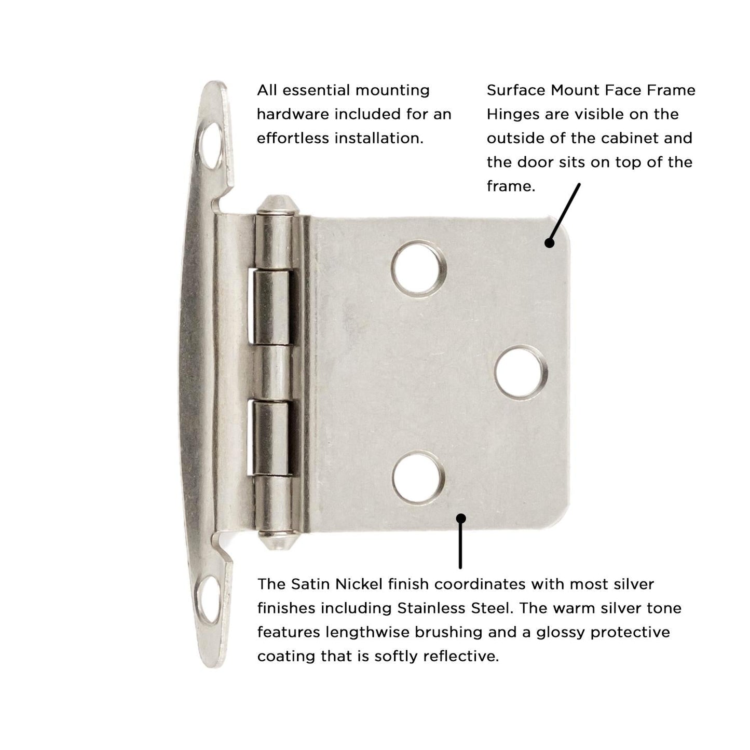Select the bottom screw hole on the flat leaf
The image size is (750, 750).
tap(419, 478)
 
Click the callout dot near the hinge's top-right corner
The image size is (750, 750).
tap(550, 242)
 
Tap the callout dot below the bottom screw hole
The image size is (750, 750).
tap(460, 517)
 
